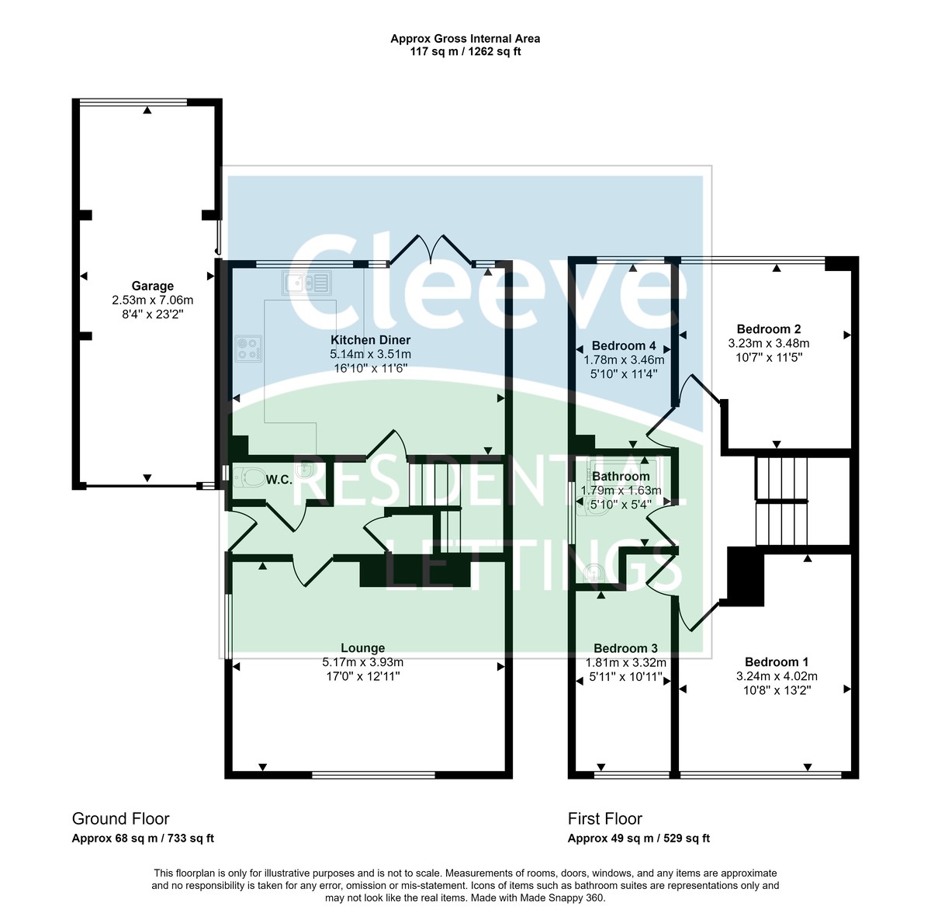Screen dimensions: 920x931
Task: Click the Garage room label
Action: [x=152, y=286]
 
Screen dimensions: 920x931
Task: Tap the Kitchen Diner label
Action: [x=370, y=340]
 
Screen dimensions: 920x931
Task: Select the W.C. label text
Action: [x=279, y=480]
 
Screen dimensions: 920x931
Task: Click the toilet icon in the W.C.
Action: [x=249, y=477]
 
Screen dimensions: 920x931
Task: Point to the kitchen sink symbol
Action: [x=307, y=283]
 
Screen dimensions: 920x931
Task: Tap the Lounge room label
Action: [x=362, y=648]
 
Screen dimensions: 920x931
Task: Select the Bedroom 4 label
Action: [x=624, y=345]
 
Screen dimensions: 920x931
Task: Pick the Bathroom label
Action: [x=621, y=477]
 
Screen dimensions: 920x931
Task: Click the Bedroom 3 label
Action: [x=625, y=648]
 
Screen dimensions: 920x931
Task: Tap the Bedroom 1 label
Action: [x=776, y=662]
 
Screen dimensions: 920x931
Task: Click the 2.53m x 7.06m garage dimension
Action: [x=152, y=300]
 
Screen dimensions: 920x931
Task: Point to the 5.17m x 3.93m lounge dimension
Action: [x=362, y=662]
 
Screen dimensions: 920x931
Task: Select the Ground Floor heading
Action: [x=120, y=818]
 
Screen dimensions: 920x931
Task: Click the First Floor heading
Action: [x=604, y=818]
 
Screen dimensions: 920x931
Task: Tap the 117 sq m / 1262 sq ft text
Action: [x=465, y=52]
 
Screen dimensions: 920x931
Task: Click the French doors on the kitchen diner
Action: [x=431, y=250]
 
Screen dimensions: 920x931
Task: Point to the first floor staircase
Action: [x=781, y=501]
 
